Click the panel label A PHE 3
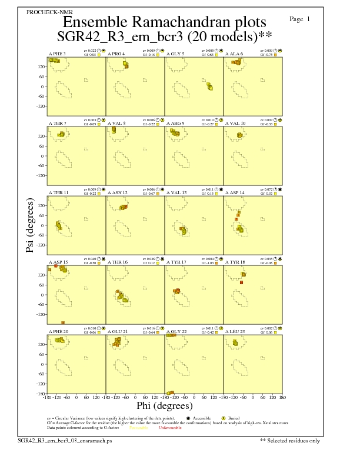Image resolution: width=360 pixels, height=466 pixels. pos(57,54)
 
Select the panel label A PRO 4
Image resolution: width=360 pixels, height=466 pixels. pos(116,54)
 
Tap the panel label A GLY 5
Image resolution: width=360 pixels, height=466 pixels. pos(175,54)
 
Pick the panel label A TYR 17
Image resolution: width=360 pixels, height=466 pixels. pos(176,262)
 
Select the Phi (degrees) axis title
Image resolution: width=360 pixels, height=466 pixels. pos(165,405)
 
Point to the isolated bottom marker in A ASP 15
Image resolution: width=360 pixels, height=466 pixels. pos(63,322)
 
